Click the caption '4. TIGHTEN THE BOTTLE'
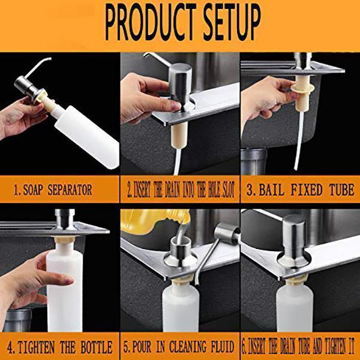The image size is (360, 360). pos(59,347)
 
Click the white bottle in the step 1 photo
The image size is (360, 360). pos(90,136)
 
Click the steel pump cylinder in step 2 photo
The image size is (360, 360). pos(178,84)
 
